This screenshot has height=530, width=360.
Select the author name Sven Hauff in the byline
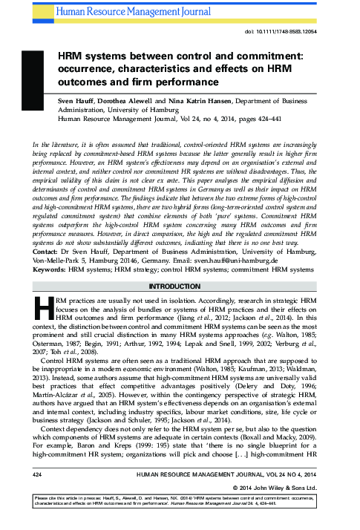pyautogui.click(x=77, y=97)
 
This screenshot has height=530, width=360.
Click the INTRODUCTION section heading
pyautogui.click(x=180, y=264)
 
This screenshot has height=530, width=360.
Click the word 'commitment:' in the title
pyautogui.click(x=261, y=55)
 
